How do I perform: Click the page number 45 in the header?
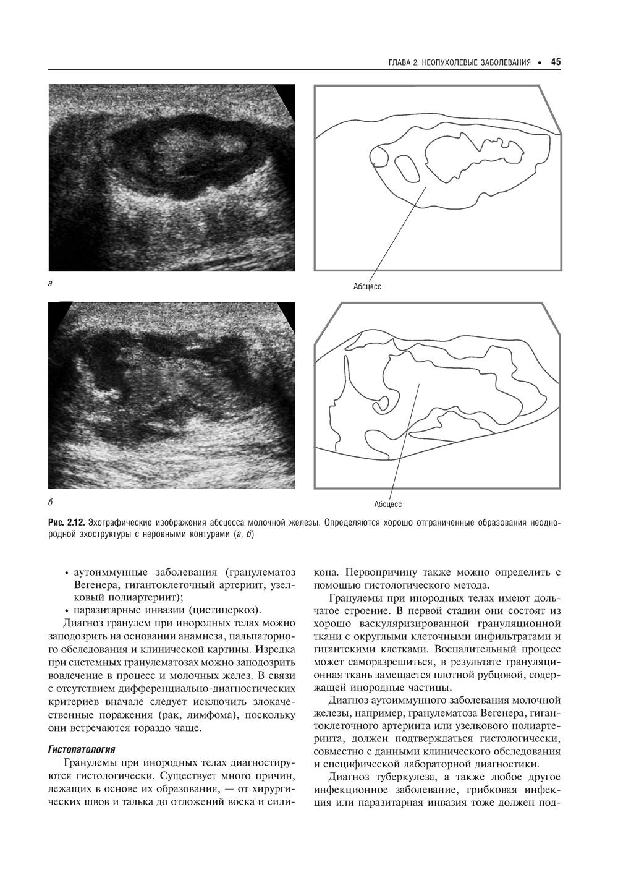tap(555, 62)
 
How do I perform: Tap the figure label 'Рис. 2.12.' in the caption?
tap(66, 523)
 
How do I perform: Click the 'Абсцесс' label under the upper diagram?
tap(367, 286)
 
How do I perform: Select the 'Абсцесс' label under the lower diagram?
tap(387, 505)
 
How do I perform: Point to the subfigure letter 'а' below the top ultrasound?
tap(50, 284)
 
